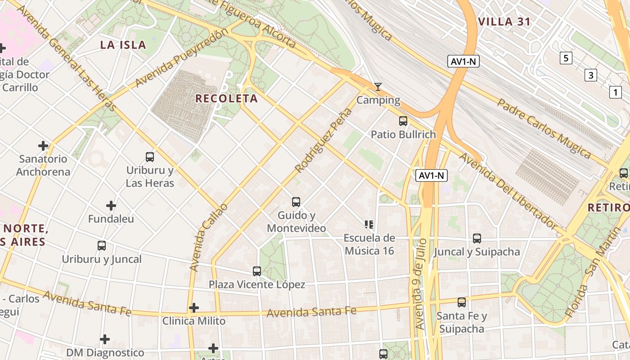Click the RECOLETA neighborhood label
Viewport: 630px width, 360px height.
[226, 99]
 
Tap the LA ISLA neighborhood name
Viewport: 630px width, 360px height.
[123, 45]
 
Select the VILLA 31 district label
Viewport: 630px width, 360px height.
[504, 22]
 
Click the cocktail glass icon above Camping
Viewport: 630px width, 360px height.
[378, 87]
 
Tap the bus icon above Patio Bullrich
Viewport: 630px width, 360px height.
[403, 121]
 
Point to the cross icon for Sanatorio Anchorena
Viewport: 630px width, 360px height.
[43, 146]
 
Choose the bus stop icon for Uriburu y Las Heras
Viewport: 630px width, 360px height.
[150, 157]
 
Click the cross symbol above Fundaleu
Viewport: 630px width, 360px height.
[111, 206]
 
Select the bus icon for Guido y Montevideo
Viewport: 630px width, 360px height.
[296, 202]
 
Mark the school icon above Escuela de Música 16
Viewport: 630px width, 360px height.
[369, 225]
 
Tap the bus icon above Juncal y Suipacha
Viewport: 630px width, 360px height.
[477, 238]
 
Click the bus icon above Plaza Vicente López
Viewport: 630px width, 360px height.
[257, 271]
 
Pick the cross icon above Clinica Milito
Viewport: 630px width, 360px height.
[194, 308]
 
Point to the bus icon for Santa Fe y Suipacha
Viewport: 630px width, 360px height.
[462, 302]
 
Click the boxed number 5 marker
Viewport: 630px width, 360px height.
[566, 58]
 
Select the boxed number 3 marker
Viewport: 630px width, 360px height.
[591, 75]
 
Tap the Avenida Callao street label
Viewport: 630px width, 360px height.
[208, 237]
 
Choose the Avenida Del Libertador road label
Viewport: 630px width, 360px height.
[508, 191]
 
